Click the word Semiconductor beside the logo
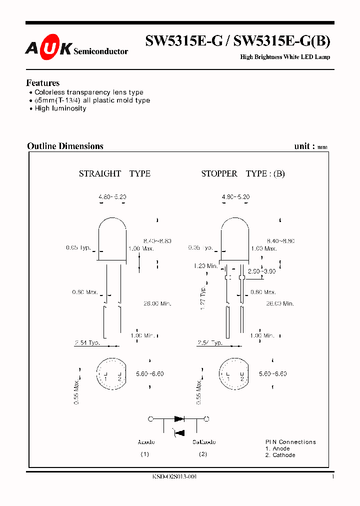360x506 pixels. point(100,51)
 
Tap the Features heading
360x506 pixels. point(43,83)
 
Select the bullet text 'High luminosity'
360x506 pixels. point(60,108)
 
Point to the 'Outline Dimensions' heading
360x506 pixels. point(65,146)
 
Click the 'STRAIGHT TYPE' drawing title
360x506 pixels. point(114,174)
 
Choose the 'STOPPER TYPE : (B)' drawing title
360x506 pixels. point(243,174)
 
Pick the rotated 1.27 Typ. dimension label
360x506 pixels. point(203,298)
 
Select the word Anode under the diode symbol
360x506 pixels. point(146,442)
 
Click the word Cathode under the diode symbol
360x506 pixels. point(204,442)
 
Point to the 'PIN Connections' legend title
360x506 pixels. point(290,442)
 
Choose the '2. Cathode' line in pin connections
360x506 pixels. point(280,455)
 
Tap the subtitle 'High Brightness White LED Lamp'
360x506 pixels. point(285,57)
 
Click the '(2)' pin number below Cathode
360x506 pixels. point(203,454)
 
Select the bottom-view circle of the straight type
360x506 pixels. point(112,374)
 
